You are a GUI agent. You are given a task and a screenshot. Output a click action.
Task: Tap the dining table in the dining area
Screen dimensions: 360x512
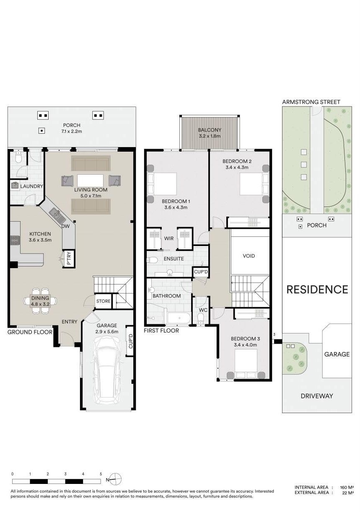coord(40,301)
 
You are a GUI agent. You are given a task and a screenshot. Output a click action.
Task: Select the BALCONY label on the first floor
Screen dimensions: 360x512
coord(210,130)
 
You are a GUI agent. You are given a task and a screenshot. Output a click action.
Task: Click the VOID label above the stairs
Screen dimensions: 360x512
coord(249,256)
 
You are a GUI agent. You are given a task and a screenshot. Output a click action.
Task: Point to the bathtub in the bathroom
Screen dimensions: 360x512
coord(179,318)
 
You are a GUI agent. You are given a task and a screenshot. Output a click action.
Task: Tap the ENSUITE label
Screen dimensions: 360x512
coord(174,259)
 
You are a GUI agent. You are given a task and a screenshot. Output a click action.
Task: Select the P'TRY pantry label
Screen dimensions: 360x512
coord(69,258)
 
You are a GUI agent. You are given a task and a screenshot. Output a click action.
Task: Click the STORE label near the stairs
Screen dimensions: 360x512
coord(104,301)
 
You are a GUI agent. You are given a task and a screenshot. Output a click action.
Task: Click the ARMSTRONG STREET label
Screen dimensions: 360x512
coord(311,102)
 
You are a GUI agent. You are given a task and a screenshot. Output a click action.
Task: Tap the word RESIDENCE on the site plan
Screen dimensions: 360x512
coord(317,290)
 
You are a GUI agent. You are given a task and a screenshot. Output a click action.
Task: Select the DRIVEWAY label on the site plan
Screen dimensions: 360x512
coord(317,396)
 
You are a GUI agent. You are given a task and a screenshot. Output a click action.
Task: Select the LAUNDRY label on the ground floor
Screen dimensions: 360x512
coord(31,186)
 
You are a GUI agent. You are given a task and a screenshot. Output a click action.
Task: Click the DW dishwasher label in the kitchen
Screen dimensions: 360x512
coord(65,226)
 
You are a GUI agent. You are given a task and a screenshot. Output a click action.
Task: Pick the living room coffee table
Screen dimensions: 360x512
coord(90,181)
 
